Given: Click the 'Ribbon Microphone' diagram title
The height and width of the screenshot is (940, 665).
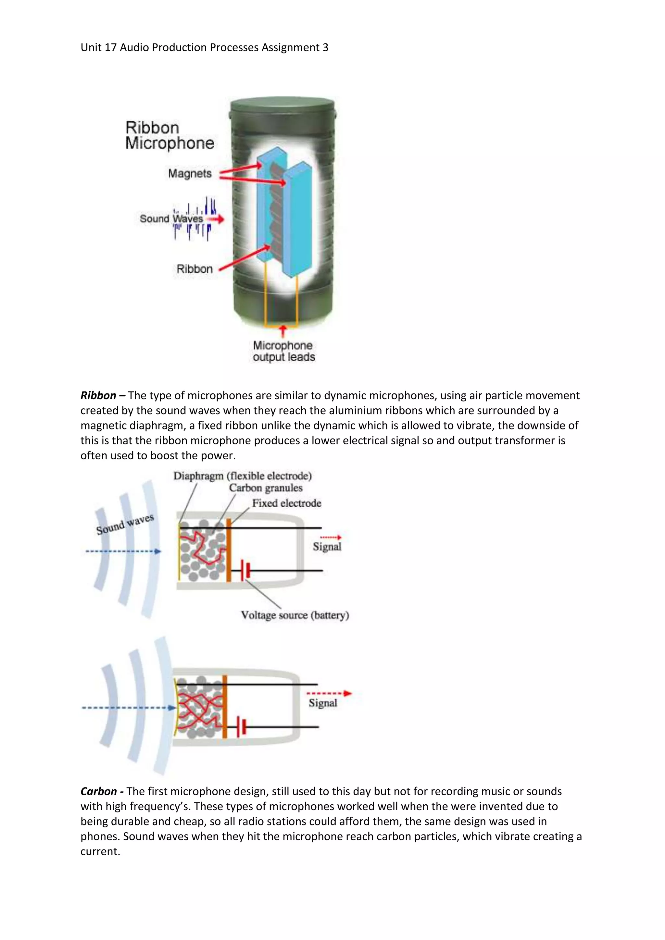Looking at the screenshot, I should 169,135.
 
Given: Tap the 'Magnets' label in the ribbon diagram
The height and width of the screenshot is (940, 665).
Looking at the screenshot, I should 190,174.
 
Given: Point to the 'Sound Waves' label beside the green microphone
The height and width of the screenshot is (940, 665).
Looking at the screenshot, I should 171,219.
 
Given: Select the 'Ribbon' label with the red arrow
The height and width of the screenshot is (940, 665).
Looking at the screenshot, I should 194,269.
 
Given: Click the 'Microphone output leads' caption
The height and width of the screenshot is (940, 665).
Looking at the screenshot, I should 283,351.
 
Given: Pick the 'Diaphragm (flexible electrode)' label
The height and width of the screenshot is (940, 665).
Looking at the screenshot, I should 243,476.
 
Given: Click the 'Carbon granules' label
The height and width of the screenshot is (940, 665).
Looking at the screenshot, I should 265,488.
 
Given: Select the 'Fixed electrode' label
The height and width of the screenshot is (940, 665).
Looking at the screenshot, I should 286,503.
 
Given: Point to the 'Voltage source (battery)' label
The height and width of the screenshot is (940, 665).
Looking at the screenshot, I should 295,615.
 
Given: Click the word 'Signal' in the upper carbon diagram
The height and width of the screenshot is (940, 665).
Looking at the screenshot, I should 327,547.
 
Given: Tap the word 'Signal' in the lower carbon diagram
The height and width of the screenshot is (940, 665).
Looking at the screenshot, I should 323,703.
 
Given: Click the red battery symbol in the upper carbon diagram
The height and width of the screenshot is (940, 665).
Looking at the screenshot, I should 246,570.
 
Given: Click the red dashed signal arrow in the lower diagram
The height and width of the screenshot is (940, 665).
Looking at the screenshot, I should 329,694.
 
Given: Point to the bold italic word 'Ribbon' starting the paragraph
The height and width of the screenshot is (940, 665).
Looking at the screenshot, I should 98,395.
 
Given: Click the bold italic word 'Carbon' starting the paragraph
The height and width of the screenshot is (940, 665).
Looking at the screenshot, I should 99,791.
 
